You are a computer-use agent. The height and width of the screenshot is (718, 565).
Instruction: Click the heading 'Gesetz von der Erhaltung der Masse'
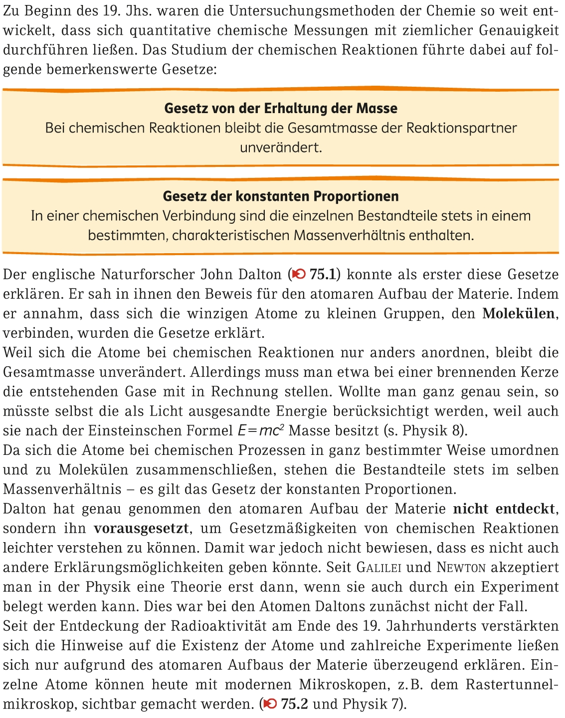point(281,108)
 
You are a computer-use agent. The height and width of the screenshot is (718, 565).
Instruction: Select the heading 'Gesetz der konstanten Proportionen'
point(281,196)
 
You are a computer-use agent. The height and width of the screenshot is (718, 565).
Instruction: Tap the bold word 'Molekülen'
point(519,313)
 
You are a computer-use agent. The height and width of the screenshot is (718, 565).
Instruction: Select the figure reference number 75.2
point(294,704)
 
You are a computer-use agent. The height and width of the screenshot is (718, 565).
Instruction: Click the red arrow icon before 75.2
point(270,704)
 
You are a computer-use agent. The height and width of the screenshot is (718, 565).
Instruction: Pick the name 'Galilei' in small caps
point(380,567)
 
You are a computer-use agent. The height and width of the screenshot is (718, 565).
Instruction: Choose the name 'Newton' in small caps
point(461,567)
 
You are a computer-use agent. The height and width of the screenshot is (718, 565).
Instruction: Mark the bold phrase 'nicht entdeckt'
point(504,509)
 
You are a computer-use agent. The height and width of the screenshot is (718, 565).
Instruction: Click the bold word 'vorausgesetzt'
point(141,528)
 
